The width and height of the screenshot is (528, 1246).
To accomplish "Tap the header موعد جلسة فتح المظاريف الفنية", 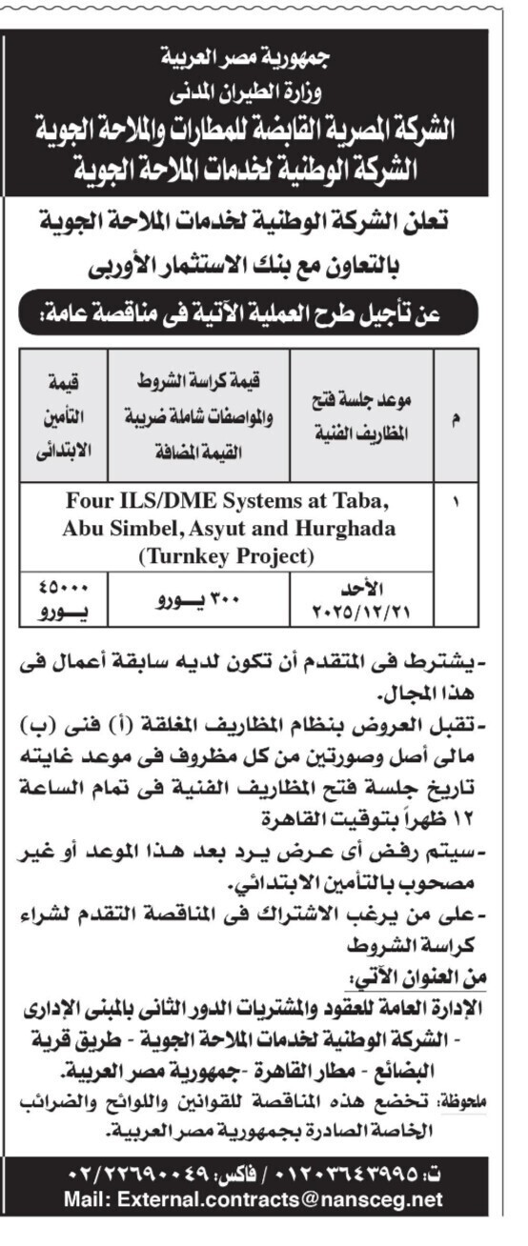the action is (x=362, y=415).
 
